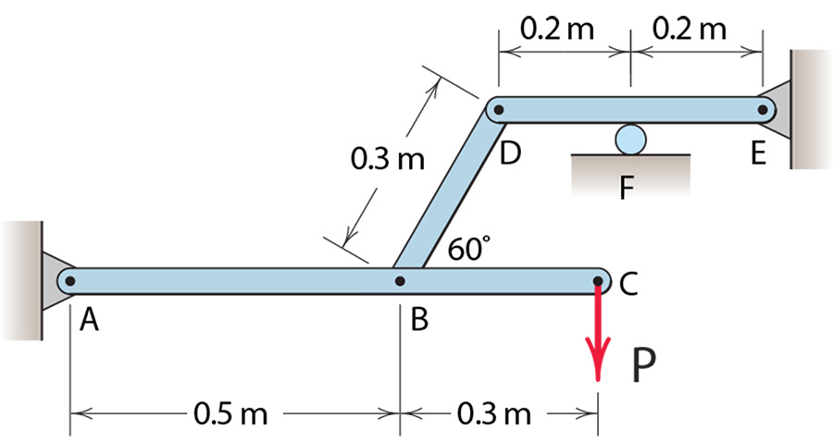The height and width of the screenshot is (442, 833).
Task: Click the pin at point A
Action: click(x=70, y=280)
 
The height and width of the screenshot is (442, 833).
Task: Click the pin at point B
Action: click(x=399, y=280)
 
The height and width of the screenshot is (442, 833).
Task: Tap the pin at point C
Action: click(x=598, y=280)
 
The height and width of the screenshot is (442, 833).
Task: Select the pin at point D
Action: click(x=498, y=109)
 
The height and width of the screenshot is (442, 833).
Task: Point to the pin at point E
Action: click(x=763, y=109)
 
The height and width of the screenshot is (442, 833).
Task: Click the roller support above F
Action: click(x=629, y=139)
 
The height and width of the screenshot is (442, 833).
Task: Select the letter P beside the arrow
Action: click(x=644, y=367)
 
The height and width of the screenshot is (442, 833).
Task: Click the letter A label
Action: click(x=90, y=320)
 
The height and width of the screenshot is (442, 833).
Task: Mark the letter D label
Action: click(x=510, y=153)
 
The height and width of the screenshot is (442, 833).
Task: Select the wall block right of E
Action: click(x=811, y=109)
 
